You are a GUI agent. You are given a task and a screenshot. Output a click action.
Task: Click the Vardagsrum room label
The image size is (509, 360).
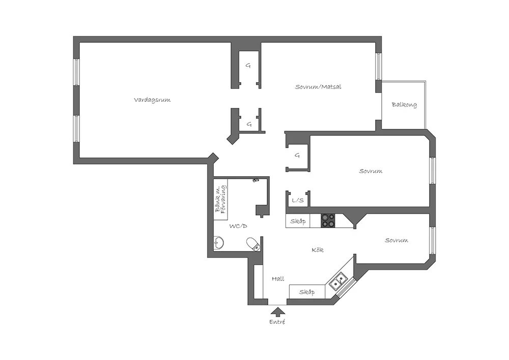[152, 100]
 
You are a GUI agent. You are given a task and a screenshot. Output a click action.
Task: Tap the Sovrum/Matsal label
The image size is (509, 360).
[318, 87]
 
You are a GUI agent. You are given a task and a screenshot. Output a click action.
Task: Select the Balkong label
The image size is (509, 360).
[404, 105]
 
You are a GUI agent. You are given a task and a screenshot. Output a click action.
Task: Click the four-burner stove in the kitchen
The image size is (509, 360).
[328, 220]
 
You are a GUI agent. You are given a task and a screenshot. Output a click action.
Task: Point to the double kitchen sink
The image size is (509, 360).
[337, 280]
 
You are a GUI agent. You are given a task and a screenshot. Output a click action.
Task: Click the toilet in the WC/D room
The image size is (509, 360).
[253, 244]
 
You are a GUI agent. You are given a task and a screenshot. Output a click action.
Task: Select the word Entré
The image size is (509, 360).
[277, 322]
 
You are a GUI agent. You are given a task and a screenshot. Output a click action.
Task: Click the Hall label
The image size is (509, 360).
[278, 279]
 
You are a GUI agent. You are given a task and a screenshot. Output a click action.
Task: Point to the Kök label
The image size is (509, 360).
[318, 250]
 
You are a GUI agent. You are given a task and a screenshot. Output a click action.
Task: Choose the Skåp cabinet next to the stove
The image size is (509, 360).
[298, 221]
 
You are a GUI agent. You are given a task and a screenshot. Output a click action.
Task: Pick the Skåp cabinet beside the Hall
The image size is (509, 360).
[306, 292]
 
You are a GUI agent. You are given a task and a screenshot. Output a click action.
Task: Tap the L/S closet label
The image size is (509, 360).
[298, 201]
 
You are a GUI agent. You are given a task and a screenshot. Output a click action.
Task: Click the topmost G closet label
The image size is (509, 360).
[248, 65]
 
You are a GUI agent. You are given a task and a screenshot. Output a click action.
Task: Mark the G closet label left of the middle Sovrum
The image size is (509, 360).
[297, 155]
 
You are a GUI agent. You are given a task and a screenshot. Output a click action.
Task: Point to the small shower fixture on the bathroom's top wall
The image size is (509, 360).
[256, 180]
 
